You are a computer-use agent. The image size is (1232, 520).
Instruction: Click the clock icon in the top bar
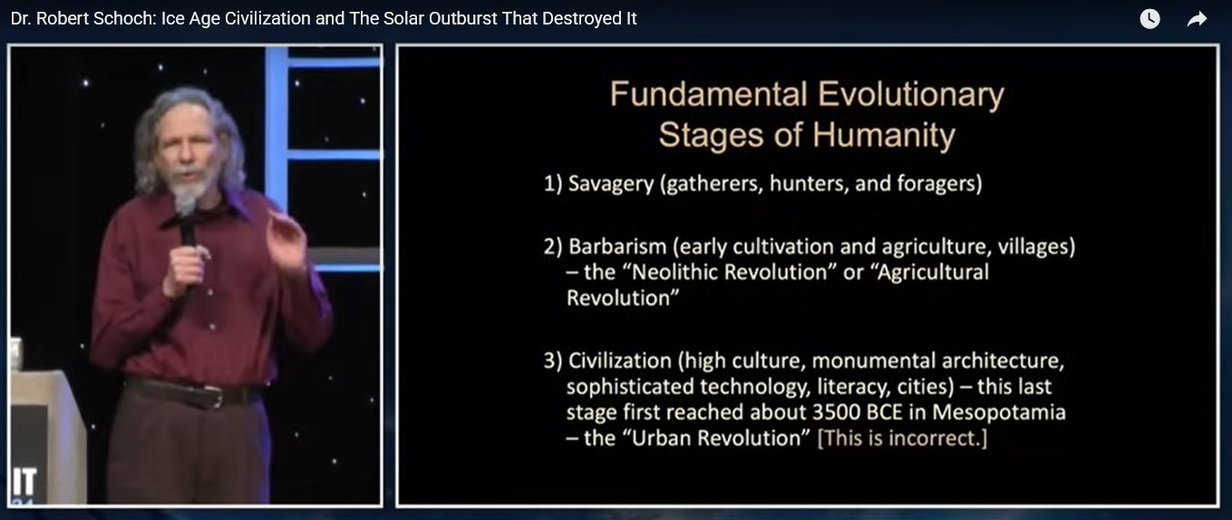tap(1150, 19)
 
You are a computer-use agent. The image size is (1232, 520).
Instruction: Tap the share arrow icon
tap(1197, 19)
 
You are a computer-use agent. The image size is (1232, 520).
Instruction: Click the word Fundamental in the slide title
tap(708, 94)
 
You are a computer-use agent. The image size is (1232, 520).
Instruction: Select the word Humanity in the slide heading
tap(884, 136)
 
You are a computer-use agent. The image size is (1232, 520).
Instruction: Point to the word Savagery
tap(611, 184)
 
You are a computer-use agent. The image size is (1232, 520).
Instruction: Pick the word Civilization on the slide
tap(620, 361)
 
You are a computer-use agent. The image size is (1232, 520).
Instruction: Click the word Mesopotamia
tap(999, 413)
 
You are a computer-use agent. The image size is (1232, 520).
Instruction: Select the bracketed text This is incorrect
tap(902, 438)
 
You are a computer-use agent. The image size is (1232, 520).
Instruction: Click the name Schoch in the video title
tap(125, 19)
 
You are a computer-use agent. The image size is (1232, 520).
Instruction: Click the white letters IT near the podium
tap(24, 482)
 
